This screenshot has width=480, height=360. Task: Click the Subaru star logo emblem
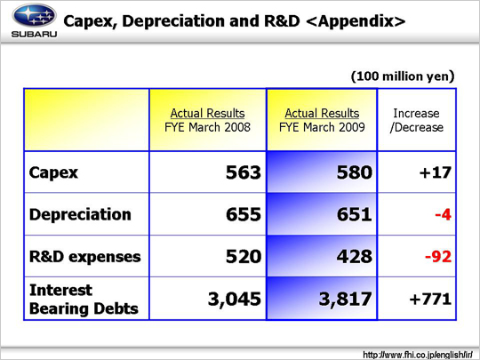(34, 16)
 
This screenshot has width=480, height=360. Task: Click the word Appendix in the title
(355, 21)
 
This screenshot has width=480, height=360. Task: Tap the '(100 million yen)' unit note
(403, 76)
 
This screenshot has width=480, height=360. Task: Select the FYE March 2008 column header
(207, 120)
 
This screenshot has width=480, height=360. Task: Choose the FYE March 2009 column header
(322, 120)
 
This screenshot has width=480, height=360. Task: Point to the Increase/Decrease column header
(417, 120)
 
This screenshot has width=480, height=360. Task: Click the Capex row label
(53, 172)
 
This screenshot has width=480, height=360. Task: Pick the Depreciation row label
(80, 214)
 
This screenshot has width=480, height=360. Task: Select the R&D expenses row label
(85, 257)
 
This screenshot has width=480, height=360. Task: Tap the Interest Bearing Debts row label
(84, 299)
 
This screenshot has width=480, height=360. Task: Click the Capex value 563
(244, 172)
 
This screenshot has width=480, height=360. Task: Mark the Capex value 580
(355, 172)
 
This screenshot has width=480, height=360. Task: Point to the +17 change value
(436, 172)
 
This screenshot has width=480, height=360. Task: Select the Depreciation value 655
(244, 214)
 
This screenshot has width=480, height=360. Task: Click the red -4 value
(443, 214)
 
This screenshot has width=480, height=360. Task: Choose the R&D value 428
(355, 256)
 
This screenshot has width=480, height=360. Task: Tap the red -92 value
(438, 257)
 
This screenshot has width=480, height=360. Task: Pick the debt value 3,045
(235, 299)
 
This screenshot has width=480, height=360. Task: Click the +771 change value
(430, 299)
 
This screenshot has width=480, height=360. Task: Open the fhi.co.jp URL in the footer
(418, 355)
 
